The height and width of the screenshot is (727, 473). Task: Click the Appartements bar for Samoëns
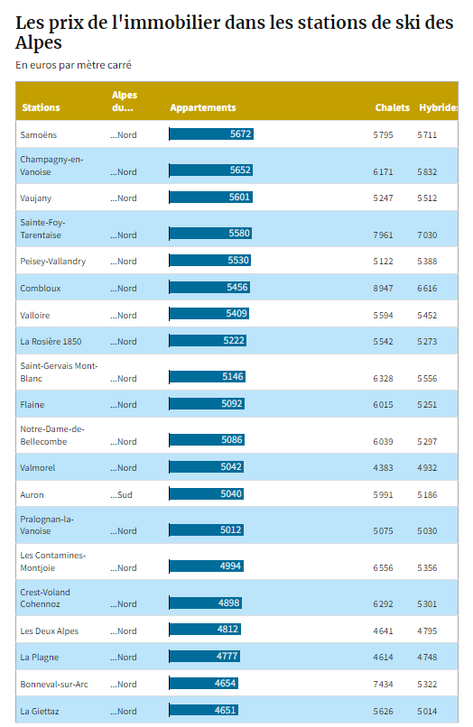pos(211,134)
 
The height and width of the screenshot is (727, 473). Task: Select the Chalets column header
pos(393,107)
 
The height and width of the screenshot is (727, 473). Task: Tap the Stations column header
pos(41,107)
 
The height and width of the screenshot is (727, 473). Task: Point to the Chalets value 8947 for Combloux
pos(383,289)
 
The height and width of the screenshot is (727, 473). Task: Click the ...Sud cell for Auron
pos(121,494)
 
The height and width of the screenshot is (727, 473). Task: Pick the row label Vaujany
pos(36,198)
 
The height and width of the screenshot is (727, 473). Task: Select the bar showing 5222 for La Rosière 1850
pos(208,341)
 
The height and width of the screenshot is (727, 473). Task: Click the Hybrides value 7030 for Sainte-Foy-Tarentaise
pos(427,235)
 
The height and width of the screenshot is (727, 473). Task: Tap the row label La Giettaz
pos(40,712)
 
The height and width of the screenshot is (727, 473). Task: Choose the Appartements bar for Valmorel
pos(207,467)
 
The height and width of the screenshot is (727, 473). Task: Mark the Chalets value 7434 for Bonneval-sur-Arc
pos(383,685)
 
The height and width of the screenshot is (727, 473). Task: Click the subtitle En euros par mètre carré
pos(73,65)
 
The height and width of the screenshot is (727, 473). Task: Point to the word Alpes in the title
pos(39,42)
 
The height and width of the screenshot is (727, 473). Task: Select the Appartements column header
pos(203,107)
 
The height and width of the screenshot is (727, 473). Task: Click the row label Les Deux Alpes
pos(50,631)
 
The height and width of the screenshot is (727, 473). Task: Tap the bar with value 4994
pos(207,566)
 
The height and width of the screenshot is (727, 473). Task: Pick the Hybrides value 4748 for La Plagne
pos(427,658)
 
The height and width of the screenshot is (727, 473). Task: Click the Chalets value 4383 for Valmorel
pos(383,468)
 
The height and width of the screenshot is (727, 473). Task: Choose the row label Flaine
pos(32,405)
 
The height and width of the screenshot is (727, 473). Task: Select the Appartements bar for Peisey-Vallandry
pos(210,261)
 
